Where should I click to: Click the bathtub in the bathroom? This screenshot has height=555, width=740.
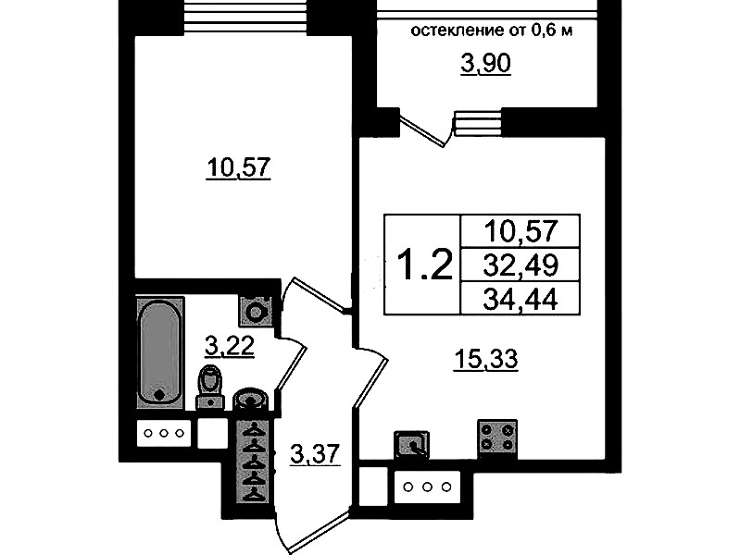click(160, 352)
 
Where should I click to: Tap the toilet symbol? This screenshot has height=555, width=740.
click(210, 387)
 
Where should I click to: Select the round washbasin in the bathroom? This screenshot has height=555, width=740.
click(251, 399)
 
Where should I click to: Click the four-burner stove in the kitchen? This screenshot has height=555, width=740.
click(497, 438)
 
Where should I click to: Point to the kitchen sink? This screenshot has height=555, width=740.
click(411, 444)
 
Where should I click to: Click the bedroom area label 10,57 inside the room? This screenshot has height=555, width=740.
click(238, 167)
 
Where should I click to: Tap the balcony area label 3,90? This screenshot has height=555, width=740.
click(485, 64)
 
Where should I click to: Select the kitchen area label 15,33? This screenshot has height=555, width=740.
click(485, 360)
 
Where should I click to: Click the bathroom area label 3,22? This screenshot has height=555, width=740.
click(230, 347)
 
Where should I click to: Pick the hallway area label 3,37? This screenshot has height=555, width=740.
click(315, 454)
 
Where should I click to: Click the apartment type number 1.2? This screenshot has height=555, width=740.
click(425, 265)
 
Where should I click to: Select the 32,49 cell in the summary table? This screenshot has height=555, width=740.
click(521, 265)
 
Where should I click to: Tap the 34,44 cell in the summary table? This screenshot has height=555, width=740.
click(521, 298)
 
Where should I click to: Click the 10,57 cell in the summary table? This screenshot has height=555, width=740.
click(521, 231)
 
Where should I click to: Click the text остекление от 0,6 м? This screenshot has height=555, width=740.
click(492, 31)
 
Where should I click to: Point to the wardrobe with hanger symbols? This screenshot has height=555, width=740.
click(255, 462)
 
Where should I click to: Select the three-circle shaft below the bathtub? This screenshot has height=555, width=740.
click(164, 433)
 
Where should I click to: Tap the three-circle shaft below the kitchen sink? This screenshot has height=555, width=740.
click(427, 487)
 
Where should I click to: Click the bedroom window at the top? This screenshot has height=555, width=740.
click(245, 17)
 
